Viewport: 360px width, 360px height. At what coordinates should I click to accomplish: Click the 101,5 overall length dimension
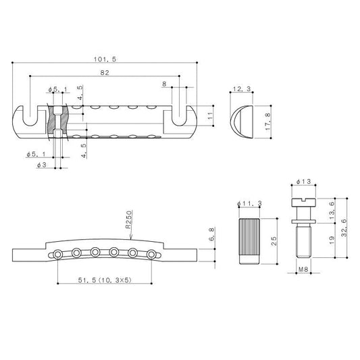point(105,59)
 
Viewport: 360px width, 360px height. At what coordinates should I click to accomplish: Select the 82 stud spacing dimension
point(105,73)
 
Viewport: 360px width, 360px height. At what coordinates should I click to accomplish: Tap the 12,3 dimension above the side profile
point(242,89)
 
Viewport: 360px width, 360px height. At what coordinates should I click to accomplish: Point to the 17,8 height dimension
point(268,122)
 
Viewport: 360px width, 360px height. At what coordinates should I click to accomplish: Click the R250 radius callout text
point(128,220)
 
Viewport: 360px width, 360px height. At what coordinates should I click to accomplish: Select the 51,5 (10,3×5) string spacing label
point(105,280)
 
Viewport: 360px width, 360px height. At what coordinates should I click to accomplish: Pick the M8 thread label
point(303,269)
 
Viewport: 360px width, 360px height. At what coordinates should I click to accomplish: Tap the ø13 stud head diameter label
point(303,182)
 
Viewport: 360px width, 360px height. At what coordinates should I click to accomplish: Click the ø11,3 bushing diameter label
point(249,203)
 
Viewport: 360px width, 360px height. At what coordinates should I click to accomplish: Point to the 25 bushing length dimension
point(274,241)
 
